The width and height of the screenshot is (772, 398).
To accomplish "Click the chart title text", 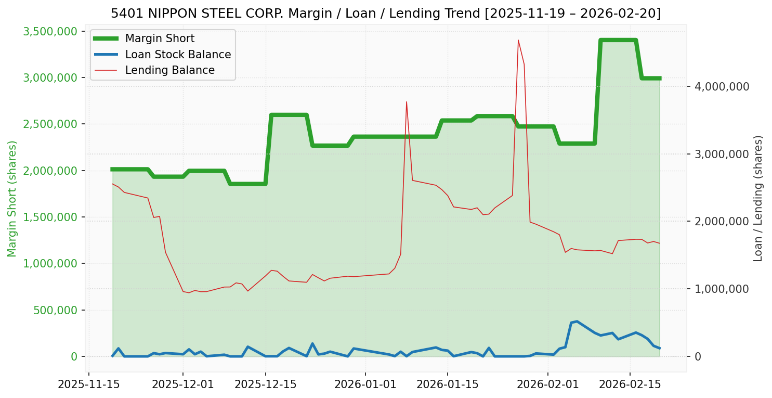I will (x=386, y=13).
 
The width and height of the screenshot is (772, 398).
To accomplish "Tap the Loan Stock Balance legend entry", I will (x=178, y=55).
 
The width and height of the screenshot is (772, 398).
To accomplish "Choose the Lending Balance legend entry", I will (x=169, y=70).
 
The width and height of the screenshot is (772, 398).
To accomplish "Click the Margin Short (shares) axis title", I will (x=12, y=199).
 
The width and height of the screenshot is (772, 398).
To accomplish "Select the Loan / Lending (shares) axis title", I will (x=758, y=199).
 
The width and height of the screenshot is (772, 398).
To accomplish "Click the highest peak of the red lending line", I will (x=518, y=40).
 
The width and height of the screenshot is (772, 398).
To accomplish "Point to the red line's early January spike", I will (x=407, y=102).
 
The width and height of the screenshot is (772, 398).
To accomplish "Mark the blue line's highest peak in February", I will (x=577, y=322).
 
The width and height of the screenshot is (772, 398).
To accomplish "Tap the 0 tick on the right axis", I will (x=698, y=356).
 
